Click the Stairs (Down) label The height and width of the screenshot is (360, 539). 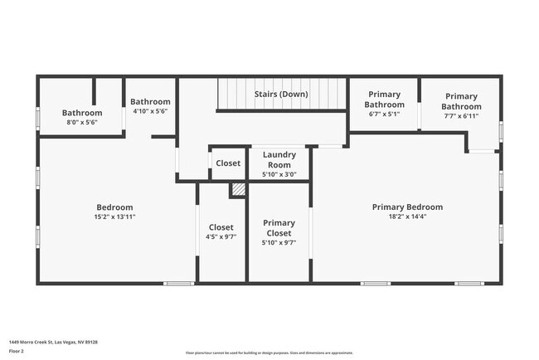(280, 95)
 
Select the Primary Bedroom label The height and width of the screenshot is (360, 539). (407, 207)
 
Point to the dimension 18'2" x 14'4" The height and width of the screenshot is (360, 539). (407, 216)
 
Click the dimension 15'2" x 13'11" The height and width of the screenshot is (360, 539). (114, 216)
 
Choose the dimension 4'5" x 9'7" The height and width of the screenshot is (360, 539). (221, 237)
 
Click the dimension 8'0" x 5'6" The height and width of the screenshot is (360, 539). (82, 122)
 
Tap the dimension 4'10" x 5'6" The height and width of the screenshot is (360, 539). (150, 111)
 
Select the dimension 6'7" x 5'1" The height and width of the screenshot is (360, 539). (385, 114)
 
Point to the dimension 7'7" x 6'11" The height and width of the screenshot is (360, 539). (461, 116)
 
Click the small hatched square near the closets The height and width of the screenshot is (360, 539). (238, 190)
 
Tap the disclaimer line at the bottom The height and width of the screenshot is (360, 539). (269, 353)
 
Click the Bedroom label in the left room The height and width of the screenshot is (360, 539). (114, 207)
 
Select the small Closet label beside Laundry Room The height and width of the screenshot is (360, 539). (228, 163)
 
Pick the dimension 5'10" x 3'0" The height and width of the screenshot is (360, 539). (279, 174)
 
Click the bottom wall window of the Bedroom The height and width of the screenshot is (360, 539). (177, 284)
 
